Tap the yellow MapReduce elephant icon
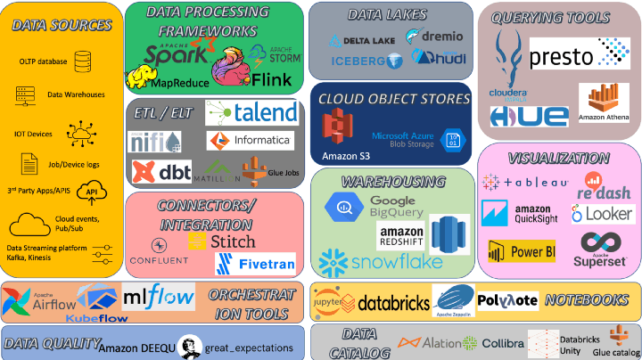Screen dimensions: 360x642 pos(140,78)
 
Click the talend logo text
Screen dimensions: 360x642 pos(264,111)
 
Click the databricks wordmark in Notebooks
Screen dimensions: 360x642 pos(392,303)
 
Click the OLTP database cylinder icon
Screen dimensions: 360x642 pos(83,61)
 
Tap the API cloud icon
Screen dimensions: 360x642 pos(91,192)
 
